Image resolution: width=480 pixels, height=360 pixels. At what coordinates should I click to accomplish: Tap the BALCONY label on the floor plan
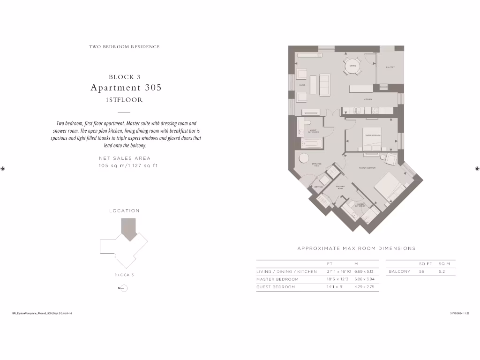[390, 67]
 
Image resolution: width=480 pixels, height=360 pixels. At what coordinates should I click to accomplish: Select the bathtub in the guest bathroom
[311, 144]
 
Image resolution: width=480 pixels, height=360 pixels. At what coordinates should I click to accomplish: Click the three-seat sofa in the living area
[324, 84]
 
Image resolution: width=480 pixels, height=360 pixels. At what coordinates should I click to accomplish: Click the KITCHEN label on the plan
[368, 99]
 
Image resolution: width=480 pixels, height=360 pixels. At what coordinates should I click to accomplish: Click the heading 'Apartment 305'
[126, 88]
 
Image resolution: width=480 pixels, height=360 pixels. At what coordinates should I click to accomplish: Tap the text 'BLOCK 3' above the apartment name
[125, 77]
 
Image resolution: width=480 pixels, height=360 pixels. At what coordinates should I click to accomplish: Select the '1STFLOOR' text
[124, 100]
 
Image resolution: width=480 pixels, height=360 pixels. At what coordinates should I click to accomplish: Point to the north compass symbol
[124, 288]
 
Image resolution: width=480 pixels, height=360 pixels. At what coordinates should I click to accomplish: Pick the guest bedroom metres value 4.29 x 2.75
[364, 287]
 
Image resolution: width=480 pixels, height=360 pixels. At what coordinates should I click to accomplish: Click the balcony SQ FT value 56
[421, 271]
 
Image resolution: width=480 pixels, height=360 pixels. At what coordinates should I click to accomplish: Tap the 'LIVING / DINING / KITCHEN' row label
[286, 271]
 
